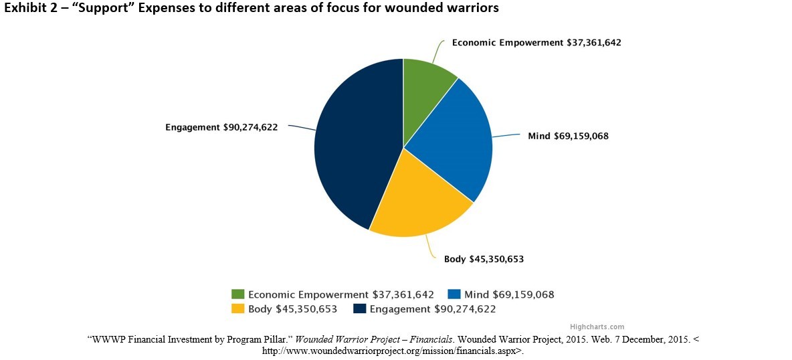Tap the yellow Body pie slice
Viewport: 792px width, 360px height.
pyautogui.click(x=421, y=201)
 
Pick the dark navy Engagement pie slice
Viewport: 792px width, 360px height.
pyautogui.click(x=355, y=147)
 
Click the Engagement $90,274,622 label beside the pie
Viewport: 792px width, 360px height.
pyautogui.click(x=221, y=126)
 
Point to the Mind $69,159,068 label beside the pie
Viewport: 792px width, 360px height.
pyautogui.click(x=568, y=136)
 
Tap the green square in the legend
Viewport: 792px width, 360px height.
pyautogui.click(x=237, y=294)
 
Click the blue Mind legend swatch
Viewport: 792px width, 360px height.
pyautogui.click(x=454, y=294)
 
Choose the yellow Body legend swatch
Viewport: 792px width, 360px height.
pyautogui.click(x=237, y=309)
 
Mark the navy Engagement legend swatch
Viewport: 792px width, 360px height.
pyautogui.click(x=359, y=309)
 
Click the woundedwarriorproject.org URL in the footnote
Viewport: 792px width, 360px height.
pyautogui.click(x=391, y=350)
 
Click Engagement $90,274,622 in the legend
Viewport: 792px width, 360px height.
pyautogui.click(x=432, y=309)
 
